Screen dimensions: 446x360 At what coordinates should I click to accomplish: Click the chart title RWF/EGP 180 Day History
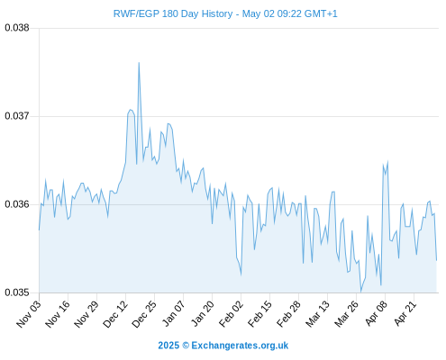click(x=173, y=13)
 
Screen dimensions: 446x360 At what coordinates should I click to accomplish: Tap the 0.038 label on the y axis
click(x=17, y=28)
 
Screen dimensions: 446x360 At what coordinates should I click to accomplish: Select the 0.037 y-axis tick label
click(x=17, y=116)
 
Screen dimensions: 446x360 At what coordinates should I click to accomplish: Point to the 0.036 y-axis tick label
click(x=17, y=204)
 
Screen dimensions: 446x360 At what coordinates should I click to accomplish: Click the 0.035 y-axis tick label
click(x=17, y=292)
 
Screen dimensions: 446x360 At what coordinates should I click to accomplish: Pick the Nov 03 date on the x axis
click(x=29, y=314)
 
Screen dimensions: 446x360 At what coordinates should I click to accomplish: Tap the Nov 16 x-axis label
click(x=58, y=314)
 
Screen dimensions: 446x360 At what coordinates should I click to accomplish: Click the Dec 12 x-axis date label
click(x=115, y=314)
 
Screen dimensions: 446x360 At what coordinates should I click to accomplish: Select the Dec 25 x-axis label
click(x=144, y=314)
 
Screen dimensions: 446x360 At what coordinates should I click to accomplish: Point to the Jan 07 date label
click(x=173, y=314)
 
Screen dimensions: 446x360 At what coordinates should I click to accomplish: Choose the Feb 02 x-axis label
click(x=231, y=314)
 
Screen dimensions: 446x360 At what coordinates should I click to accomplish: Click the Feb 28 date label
click(x=288, y=314)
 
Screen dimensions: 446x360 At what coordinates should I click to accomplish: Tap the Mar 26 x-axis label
click(x=346, y=314)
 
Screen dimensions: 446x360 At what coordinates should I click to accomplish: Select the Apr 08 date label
click(x=376, y=314)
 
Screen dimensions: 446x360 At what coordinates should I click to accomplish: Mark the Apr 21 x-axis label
click(x=405, y=314)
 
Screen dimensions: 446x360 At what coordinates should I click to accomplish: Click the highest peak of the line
click(x=139, y=63)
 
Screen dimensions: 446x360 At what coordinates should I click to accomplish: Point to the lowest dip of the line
click(x=361, y=292)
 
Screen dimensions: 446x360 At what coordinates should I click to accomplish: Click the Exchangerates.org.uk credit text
click(x=240, y=346)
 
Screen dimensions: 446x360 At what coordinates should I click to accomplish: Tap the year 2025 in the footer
click(x=168, y=346)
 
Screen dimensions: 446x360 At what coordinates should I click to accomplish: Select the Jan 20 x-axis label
click(x=202, y=314)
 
